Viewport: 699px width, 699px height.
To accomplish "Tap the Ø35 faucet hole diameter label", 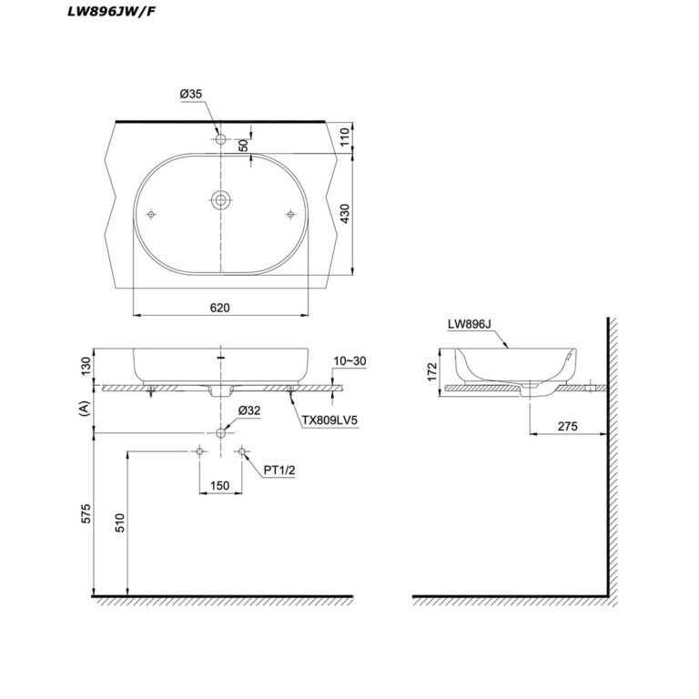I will point(191,93).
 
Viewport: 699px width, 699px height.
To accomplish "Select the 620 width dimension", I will point(219,308).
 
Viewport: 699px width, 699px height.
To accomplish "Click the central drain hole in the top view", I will point(220,201).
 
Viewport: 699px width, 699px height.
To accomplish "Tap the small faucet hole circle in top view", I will point(220,140).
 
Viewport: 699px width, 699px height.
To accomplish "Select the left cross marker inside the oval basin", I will point(152,215).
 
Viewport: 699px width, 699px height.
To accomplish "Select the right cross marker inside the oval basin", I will point(289,215).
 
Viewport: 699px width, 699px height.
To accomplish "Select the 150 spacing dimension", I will point(219,485).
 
